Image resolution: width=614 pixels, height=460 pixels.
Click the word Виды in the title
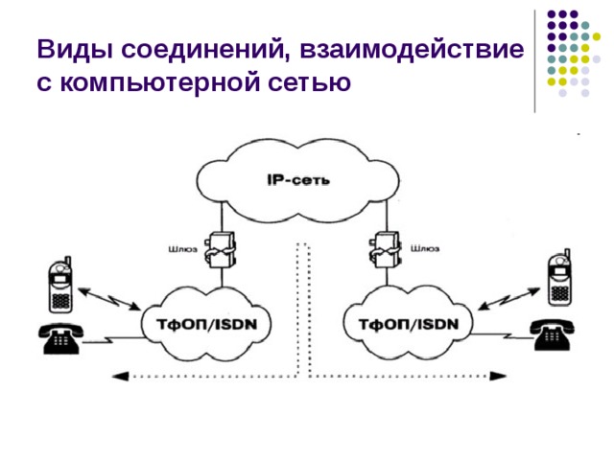point(66,49)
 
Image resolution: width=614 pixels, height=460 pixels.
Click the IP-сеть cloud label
point(296,178)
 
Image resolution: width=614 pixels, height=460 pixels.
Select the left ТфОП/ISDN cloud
point(201,323)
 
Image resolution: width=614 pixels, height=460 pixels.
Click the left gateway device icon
point(222,251)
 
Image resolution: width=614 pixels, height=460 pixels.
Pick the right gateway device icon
point(387,251)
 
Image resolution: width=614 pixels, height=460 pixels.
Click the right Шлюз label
point(425,249)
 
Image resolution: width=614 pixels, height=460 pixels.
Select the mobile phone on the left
point(59,285)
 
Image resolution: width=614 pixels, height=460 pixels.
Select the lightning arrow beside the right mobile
point(507,295)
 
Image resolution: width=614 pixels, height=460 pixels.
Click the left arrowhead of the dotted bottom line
point(118,376)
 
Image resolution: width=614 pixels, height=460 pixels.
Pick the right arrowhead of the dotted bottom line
point(495,376)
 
